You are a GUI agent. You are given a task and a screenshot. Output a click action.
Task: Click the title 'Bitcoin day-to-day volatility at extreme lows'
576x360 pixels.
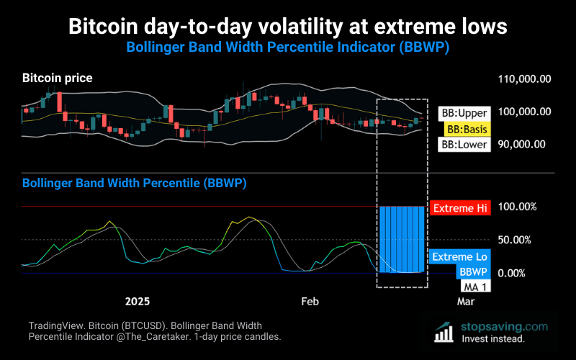click(288, 27)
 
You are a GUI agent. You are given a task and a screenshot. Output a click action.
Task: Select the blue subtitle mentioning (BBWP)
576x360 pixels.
click(288, 47)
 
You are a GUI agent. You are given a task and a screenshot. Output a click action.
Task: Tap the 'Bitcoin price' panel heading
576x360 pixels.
click(58, 78)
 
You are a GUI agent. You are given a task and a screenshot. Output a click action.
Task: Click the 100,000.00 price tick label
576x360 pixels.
click(525, 112)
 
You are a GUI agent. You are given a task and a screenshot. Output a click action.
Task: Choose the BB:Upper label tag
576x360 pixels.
click(464, 113)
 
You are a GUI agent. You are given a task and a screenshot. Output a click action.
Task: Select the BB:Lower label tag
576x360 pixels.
click(464, 145)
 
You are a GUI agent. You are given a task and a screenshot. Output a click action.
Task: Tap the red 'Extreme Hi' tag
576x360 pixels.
click(459, 208)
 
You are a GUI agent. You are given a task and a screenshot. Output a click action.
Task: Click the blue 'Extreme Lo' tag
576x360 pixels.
click(459, 257)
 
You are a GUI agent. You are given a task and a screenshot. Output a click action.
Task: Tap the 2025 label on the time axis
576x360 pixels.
click(137, 301)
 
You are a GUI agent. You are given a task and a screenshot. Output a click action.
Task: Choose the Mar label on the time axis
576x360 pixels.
click(466, 301)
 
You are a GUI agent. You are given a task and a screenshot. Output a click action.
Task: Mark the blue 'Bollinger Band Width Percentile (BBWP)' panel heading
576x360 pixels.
click(135, 184)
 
